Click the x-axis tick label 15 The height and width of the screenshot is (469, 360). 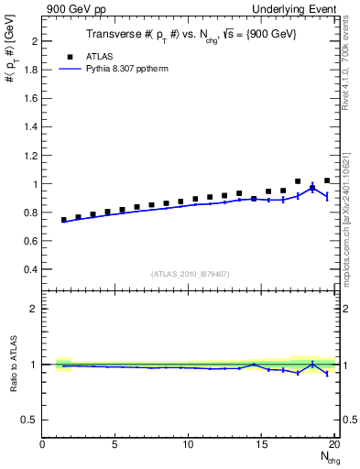click(x=263, y=445)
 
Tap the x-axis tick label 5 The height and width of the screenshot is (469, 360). click(x=116, y=445)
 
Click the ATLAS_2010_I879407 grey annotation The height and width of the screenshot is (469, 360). click(x=190, y=273)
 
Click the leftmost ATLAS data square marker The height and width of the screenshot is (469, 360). click(x=64, y=220)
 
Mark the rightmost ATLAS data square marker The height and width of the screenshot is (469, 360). click(x=327, y=180)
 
